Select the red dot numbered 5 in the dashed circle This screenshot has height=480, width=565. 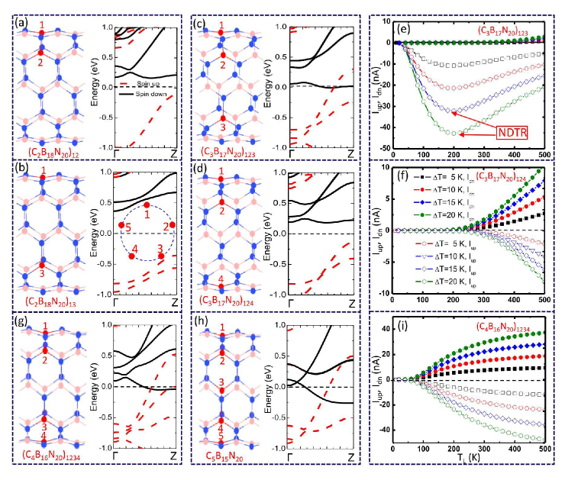point(121,225)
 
